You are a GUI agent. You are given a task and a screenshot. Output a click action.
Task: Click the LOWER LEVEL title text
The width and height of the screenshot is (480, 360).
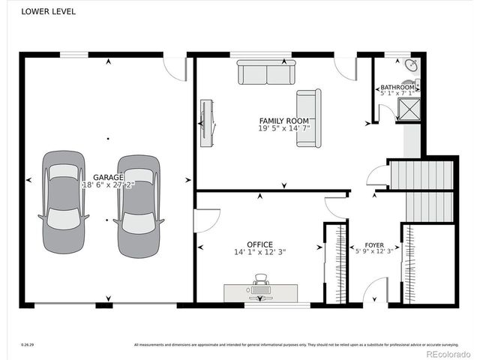(x=48, y=12)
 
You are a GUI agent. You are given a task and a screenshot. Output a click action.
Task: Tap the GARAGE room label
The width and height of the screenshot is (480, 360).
(x=108, y=177)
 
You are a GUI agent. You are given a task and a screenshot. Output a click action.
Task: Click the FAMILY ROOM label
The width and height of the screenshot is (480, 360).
(x=283, y=121)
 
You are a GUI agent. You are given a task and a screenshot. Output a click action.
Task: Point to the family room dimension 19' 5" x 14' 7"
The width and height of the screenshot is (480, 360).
(x=283, y=129)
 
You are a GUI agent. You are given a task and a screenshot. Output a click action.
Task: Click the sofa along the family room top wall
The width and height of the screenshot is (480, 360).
(x=266, y=72)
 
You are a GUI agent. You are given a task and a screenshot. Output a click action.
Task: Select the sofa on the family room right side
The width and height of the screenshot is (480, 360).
(x=308, y=118)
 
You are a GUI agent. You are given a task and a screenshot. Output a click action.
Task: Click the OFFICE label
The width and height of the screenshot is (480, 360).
(x=259, y=244)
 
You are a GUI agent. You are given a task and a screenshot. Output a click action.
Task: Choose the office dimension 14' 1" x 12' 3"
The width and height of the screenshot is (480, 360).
(x=259, y=253)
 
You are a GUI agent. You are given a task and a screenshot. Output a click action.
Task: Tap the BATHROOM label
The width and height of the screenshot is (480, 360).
(x=397, y=88)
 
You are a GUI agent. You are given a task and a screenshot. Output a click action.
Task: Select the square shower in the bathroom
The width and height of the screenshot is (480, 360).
(x=409, y=110)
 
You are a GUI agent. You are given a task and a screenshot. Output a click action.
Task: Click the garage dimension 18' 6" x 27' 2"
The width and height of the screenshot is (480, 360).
(x=108, y=184)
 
